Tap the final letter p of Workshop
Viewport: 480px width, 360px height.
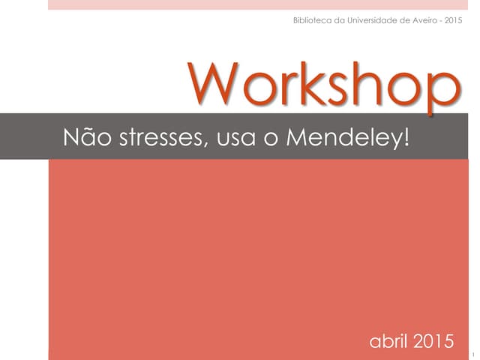[x=443, y=94]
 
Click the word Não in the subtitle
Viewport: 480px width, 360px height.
[x=83, y=137]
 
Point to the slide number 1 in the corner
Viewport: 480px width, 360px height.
[x=474, y=350]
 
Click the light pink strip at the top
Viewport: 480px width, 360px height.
[x=262, y=4]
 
